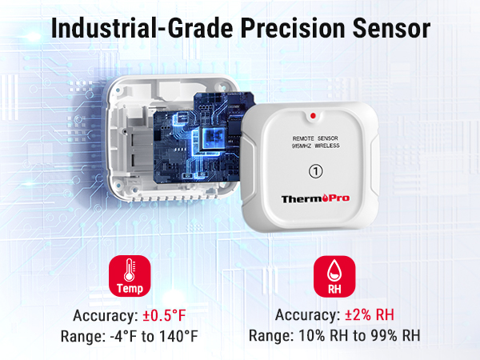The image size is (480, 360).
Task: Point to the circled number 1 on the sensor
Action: pos(317,170)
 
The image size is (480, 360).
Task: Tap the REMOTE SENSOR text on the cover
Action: pos(317,138)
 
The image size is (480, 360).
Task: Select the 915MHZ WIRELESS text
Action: pos(317,146)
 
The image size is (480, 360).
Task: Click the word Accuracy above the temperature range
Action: pos(102,315)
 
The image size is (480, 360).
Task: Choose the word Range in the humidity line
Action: pos(270,336)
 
